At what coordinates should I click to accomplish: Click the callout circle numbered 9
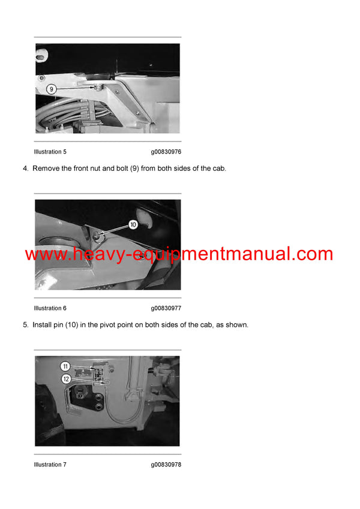[52, 89]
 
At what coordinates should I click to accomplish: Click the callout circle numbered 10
[133, 225]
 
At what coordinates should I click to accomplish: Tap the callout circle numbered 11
[65, 366]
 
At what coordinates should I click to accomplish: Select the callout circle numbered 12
[65, 378]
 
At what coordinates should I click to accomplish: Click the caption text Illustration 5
[50, 152]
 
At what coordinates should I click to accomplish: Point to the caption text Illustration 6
[50, 308]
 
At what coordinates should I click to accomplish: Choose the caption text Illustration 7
[50, 465]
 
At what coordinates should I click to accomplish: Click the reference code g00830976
[166, 152]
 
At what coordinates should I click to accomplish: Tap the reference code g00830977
[166, 308]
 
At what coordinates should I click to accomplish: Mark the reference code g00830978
[166, 465]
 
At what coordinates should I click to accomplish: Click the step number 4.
[25, 168]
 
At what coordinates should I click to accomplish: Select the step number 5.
[25, 325]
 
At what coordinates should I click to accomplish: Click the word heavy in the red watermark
[94, 254]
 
